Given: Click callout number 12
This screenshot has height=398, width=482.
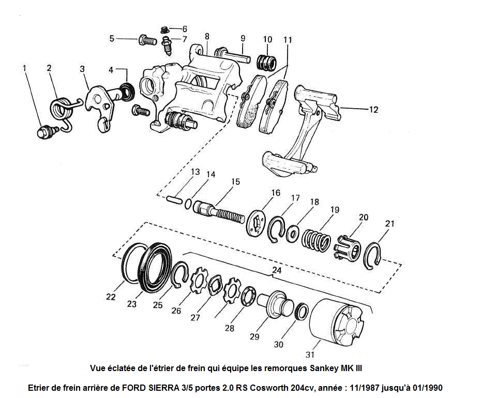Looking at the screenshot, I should pos(373,110).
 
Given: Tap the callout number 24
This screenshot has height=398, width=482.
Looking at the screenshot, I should pos(278,270).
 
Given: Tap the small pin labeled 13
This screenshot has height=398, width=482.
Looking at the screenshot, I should pos(174,198).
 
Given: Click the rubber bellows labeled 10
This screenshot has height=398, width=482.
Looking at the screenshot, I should pos(267,63).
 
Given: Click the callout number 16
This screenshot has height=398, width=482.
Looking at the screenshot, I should pos(275,193).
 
